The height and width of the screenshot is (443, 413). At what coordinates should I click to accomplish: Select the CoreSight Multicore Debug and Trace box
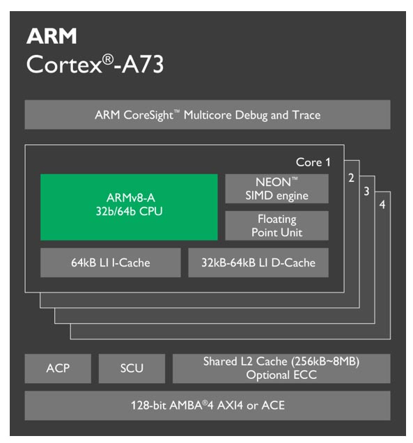[x=208, y=115]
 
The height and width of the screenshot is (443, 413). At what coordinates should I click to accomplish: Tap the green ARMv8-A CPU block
[x=129, y=207]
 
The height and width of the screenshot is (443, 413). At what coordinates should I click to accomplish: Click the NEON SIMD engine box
[x=276, y=189]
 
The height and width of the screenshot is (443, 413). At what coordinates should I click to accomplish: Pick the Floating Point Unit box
[x=276, y=226]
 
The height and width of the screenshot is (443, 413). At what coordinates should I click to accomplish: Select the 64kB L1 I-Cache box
[x=110, y=263]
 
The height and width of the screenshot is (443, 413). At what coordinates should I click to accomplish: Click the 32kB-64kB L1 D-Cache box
[x=258, y=263]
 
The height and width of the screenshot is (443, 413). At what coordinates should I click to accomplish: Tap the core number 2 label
[x=352, y=178]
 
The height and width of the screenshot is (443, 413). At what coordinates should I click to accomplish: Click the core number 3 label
[x=366, y=192]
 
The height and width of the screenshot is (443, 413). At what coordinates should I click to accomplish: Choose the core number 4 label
[x=382, y=205]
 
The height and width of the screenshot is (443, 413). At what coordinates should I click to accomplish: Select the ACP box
[x=58, y=368]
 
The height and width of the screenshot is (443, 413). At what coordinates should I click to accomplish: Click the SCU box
[x=132, y=368]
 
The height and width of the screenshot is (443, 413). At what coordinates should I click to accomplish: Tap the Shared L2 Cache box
[x=281, y=368]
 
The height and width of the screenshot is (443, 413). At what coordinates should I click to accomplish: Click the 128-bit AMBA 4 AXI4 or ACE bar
[x=208, y=405]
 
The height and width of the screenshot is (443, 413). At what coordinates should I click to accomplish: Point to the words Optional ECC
[x=281, y=375]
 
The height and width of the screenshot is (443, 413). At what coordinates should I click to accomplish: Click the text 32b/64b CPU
[x=129, y=211]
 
